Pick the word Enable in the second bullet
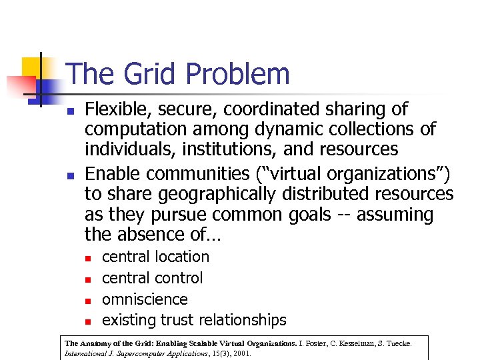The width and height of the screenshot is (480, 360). [113, 174]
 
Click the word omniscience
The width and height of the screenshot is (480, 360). [145, 299]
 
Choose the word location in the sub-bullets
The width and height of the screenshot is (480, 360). [183, 257]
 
